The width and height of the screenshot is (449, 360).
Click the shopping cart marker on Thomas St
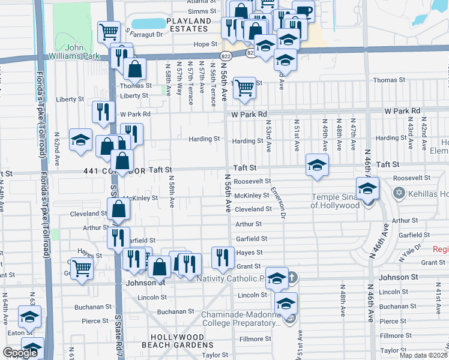point(244,88)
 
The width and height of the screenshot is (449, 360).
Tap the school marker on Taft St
point(317,164)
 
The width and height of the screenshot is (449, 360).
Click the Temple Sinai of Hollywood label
point(334,201)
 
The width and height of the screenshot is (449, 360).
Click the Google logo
point(20,353)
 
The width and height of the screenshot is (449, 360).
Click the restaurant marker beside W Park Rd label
point(103,112)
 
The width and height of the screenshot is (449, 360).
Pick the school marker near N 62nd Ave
point(80,140)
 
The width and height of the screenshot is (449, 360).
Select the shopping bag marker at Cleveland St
point(119,209)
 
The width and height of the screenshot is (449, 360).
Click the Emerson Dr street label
point(280,200)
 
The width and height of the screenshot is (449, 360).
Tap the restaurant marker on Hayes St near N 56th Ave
point(223,257)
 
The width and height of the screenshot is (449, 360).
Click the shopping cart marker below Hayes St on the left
point(81,268)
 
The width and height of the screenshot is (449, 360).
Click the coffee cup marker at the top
point(303,11)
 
